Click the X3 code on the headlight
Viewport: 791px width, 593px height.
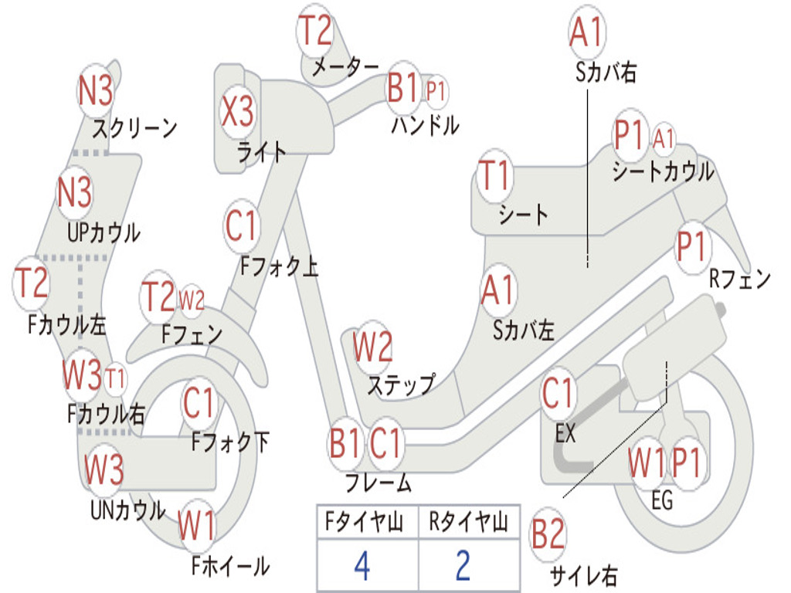[237, 111]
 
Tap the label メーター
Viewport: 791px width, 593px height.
[345, 67]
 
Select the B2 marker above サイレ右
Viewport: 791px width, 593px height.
[548, 535]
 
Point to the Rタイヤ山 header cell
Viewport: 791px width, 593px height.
[468, 523]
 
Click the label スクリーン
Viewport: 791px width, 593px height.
[135, 127]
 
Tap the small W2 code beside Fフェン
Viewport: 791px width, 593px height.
[192, 299]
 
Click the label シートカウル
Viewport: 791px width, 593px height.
[663, 171]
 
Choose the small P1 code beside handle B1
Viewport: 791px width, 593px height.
[436, 92]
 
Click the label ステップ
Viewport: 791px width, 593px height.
[401, 384]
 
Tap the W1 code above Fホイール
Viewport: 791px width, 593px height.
[197, 527]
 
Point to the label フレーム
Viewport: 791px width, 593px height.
[378, 483]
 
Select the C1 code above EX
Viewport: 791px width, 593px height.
[558, 394]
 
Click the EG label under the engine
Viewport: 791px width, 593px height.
[662, 500]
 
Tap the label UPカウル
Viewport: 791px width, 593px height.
[104, 232]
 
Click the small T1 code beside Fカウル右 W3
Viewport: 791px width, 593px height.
[115, 378]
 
